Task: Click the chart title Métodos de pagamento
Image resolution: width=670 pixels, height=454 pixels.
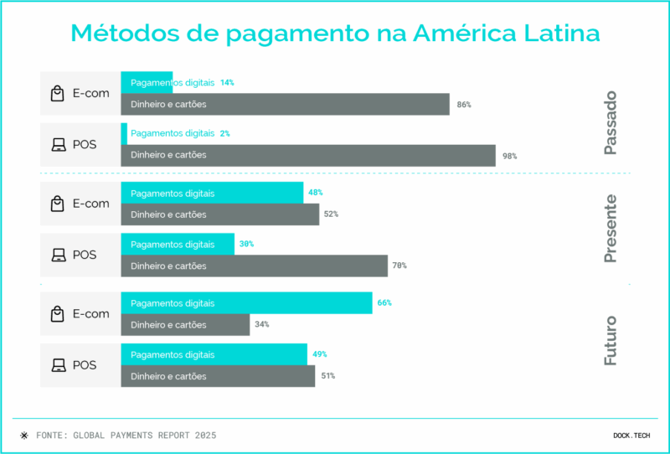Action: tap(335, 34)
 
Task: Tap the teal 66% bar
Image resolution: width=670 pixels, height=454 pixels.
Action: tap(246, 302)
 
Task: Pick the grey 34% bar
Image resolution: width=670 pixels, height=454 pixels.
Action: tap(185, 324)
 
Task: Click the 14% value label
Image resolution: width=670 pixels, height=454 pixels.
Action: tap(227, 83)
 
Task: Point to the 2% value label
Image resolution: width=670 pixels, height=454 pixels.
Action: tap(225, 133)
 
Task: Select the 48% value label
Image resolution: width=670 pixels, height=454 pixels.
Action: tap(316, 193)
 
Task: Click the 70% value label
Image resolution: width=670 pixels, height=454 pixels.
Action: tap(399, 266)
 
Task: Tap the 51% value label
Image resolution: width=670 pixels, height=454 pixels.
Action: tap(327, 376)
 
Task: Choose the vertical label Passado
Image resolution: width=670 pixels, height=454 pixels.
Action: tap(611, 123)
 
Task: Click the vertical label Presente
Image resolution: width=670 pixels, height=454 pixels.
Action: tap(611, 229)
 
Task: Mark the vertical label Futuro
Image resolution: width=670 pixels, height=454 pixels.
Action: tap(611, 340)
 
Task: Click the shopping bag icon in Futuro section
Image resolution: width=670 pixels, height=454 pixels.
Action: tap(57, 314)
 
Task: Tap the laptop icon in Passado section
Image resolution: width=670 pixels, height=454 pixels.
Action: tap(58, 145)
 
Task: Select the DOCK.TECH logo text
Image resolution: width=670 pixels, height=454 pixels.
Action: tap(631, 436)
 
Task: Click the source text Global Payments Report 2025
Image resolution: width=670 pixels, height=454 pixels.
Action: tap(126, 436)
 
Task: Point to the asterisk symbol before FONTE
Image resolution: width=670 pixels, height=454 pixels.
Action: tap(23, 436)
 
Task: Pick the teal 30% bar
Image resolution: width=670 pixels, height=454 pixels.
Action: tap(178, 244)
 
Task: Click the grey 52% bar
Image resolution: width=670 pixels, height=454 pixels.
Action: tap(220, 214)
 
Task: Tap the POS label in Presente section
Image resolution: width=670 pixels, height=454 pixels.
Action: tap(85, 255)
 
